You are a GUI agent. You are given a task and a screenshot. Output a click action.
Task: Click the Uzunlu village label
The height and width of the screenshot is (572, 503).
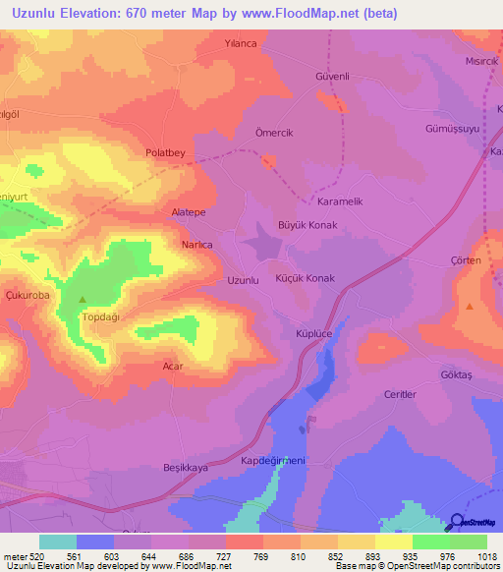[243, 280]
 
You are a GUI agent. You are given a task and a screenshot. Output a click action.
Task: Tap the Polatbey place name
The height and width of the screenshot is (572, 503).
[165, 153]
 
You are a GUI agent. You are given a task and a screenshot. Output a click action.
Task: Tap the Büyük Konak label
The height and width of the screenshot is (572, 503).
[308, 225]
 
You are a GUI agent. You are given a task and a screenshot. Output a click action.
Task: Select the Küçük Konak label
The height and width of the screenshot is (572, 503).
[306, 278]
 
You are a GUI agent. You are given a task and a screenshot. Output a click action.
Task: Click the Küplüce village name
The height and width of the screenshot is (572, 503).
[316, 334]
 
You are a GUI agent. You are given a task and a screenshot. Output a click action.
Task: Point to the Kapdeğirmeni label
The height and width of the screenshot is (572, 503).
[275, 460]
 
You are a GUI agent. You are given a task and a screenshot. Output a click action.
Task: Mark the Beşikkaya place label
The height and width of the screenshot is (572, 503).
[186, 469]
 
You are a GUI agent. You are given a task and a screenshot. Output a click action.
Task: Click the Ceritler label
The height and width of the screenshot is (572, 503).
[401, 394]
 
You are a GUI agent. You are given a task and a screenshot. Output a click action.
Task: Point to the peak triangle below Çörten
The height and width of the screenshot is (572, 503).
[469, 307]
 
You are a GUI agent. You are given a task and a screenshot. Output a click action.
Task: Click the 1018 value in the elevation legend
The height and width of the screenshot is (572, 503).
[474, 555]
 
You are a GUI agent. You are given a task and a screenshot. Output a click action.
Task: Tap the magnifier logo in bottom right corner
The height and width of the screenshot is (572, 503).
[457, 523]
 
